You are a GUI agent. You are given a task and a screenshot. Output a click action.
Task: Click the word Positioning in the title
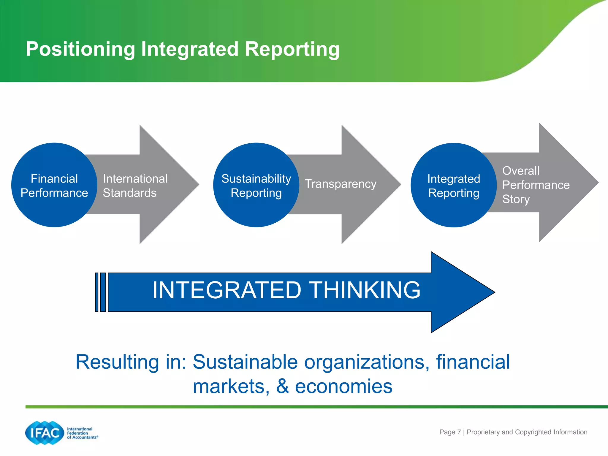[x=80, y=49]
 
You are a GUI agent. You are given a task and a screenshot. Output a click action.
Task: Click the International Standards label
[x=135, y=186]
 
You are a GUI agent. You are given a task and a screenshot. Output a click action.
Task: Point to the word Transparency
[x=341, y=184]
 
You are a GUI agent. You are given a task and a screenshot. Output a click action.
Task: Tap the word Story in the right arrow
[x=516, y=199]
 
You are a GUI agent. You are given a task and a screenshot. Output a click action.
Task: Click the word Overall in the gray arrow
[x=521, y=171]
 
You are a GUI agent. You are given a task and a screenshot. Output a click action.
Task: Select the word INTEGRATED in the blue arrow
[x=227, y=290]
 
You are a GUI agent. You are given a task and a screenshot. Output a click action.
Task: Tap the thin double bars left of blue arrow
[x=100, y=292]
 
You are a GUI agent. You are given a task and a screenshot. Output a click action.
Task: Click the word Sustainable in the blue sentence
[x=245, y=362]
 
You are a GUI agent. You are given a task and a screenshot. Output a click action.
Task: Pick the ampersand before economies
[x=282, y=386]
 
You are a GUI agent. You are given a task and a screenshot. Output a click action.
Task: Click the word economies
[x=343, y=386]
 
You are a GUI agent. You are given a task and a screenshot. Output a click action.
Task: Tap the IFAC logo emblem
[x=45, y=433]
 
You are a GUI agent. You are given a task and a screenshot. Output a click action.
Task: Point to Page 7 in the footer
[x=450, y=432]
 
